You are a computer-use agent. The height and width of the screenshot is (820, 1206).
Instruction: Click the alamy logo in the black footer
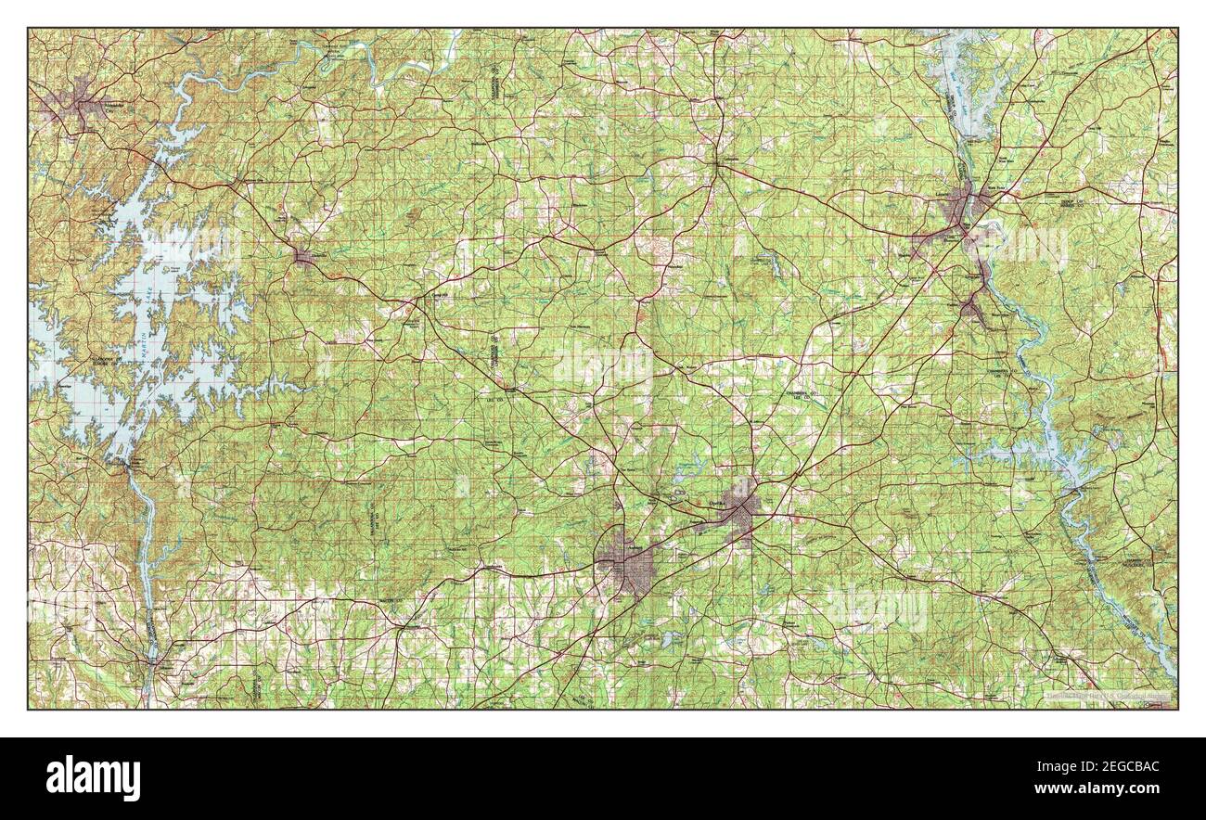tap(94, 777)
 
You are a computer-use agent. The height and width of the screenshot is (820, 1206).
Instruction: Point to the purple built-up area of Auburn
tap(627, 564)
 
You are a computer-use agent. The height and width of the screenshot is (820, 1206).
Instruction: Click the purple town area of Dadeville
tap(306, 256)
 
